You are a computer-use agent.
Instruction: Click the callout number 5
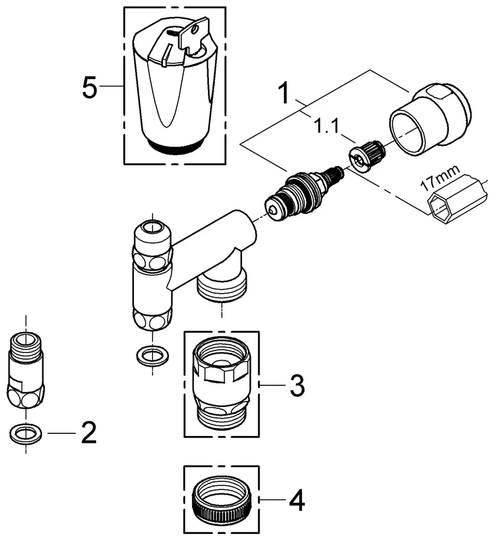(x=89, y=88)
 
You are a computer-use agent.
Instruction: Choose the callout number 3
(x=296, y=386)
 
